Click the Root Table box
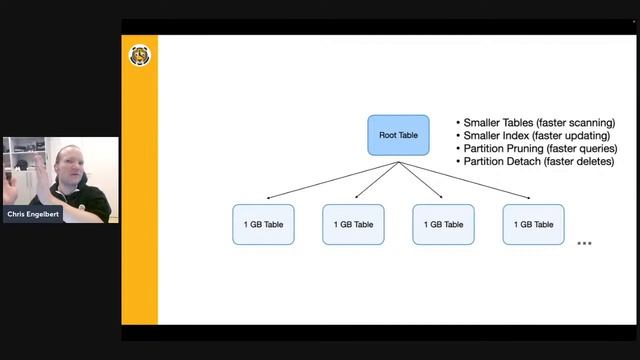click(x=398, y=135)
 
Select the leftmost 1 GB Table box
click(x=263, y=224)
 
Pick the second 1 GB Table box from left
click(x=353, y=224)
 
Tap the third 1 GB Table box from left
click(x=443, y=224)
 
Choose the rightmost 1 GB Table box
click(x=533, y=224)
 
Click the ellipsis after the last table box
click(x=585, y=243)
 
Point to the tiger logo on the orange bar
click(x=140, y=56)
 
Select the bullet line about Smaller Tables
click(x=538, y=122)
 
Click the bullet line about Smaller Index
click(x=536, y=135)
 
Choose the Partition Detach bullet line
click(x=538, y=161)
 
